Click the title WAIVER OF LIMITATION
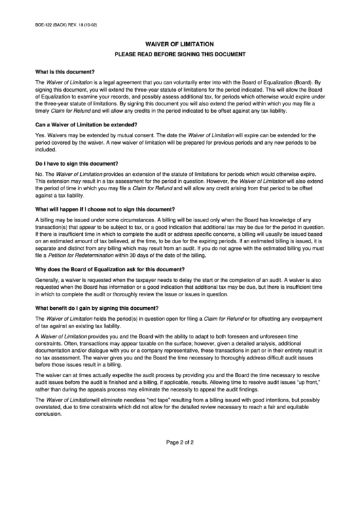[179, 43]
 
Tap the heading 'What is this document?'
[65, 71]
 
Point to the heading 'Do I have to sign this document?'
[77, 164]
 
